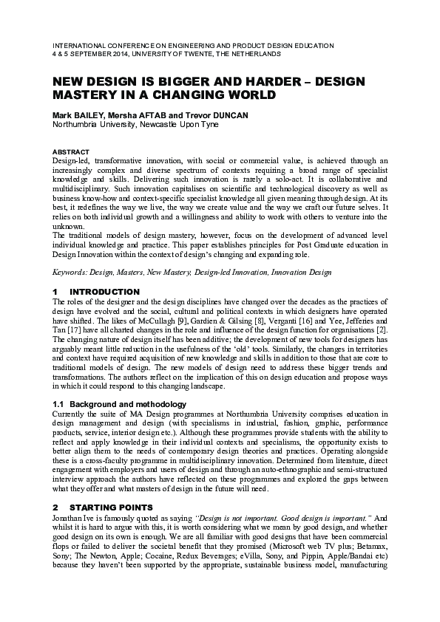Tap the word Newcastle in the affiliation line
coord(159,125)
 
